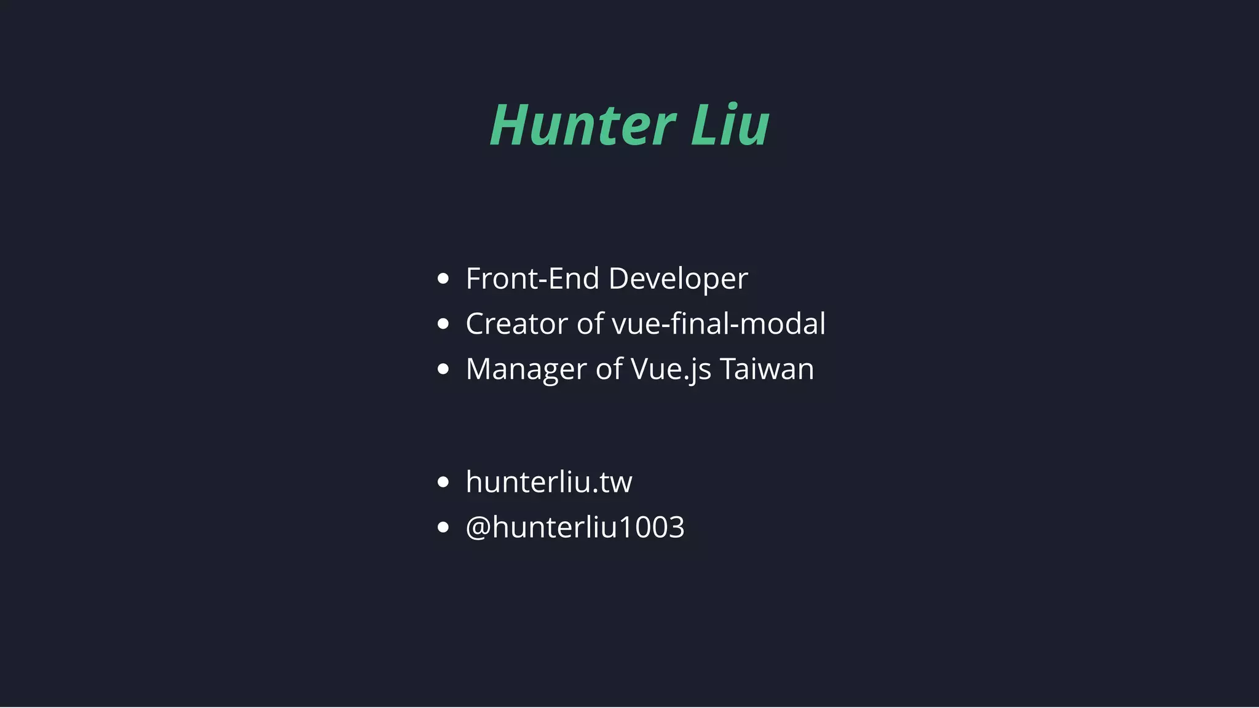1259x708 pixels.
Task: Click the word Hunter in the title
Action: pyautogui.click(x=583, y=125)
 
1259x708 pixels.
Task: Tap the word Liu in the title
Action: pyautogui.click(x=730, y=125)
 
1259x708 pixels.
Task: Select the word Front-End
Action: pyautogui.click(x=532, y=278)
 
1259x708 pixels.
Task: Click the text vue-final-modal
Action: pyautogui.click(x=719, y=324)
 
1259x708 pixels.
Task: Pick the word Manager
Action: pyautogui.click(x=526, y=370)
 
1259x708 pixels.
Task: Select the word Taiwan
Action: pyautogui.click(x=767, y=369)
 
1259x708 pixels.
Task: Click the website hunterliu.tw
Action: pyautogui.click(x=549, y=482)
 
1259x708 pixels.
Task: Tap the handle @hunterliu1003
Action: pyautogui.click(x=575, y=527)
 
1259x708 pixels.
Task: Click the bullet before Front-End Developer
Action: pyautogui.click(x=443, y=279)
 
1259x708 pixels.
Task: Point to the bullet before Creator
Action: pyautogui.click(x=443, y=324)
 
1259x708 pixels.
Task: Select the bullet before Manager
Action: pyautogui.click(x=443, y=369)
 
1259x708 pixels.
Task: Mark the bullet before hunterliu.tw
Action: pyautogui.click(x=443, y=482)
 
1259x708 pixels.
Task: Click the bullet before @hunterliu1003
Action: pyautogui.click(x=443, y=527)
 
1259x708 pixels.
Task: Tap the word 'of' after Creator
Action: pyautogui.click(x=590, y=324)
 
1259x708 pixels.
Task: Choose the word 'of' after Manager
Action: pyautogui.click(x=609, y=369)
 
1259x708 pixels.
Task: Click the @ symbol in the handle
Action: pyautogui.click(x=478, y=528)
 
